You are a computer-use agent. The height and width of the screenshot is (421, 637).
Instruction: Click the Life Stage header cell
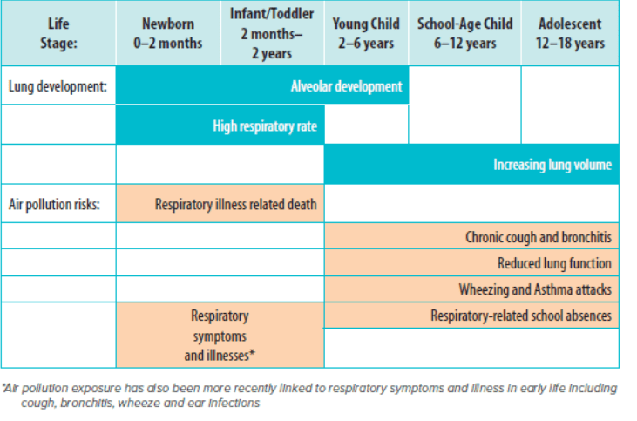(58, 33)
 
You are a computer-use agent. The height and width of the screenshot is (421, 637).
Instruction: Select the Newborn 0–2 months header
(168, 33)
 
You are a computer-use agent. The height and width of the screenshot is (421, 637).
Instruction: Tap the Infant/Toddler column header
(272, 33)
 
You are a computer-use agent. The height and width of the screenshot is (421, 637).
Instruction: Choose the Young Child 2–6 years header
(366, 33)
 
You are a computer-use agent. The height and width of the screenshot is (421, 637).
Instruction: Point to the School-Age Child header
(464, 33)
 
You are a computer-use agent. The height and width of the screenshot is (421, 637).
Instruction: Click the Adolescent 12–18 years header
(570, 33)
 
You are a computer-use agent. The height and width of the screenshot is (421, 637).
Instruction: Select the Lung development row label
(58, 87)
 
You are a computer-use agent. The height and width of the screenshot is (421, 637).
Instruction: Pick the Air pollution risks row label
(55, 205)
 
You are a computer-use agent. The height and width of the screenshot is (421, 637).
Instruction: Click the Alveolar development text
(347, 87)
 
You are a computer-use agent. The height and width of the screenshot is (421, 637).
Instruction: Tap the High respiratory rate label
(265, 126)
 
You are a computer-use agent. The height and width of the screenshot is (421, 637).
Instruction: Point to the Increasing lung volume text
(552, 165)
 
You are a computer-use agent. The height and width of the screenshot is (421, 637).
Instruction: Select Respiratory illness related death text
(235, 205)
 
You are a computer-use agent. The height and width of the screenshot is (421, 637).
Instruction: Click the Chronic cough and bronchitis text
(538, 237)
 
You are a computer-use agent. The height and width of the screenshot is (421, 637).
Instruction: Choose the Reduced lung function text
(554, 263)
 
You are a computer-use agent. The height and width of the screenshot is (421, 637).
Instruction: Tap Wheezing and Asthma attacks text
(535, 289)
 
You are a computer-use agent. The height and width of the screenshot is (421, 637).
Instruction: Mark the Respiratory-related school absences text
(521, 316)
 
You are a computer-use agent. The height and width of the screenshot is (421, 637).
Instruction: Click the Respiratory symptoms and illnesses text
(220, 336)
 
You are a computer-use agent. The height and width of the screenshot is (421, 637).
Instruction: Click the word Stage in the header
(58, 43)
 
